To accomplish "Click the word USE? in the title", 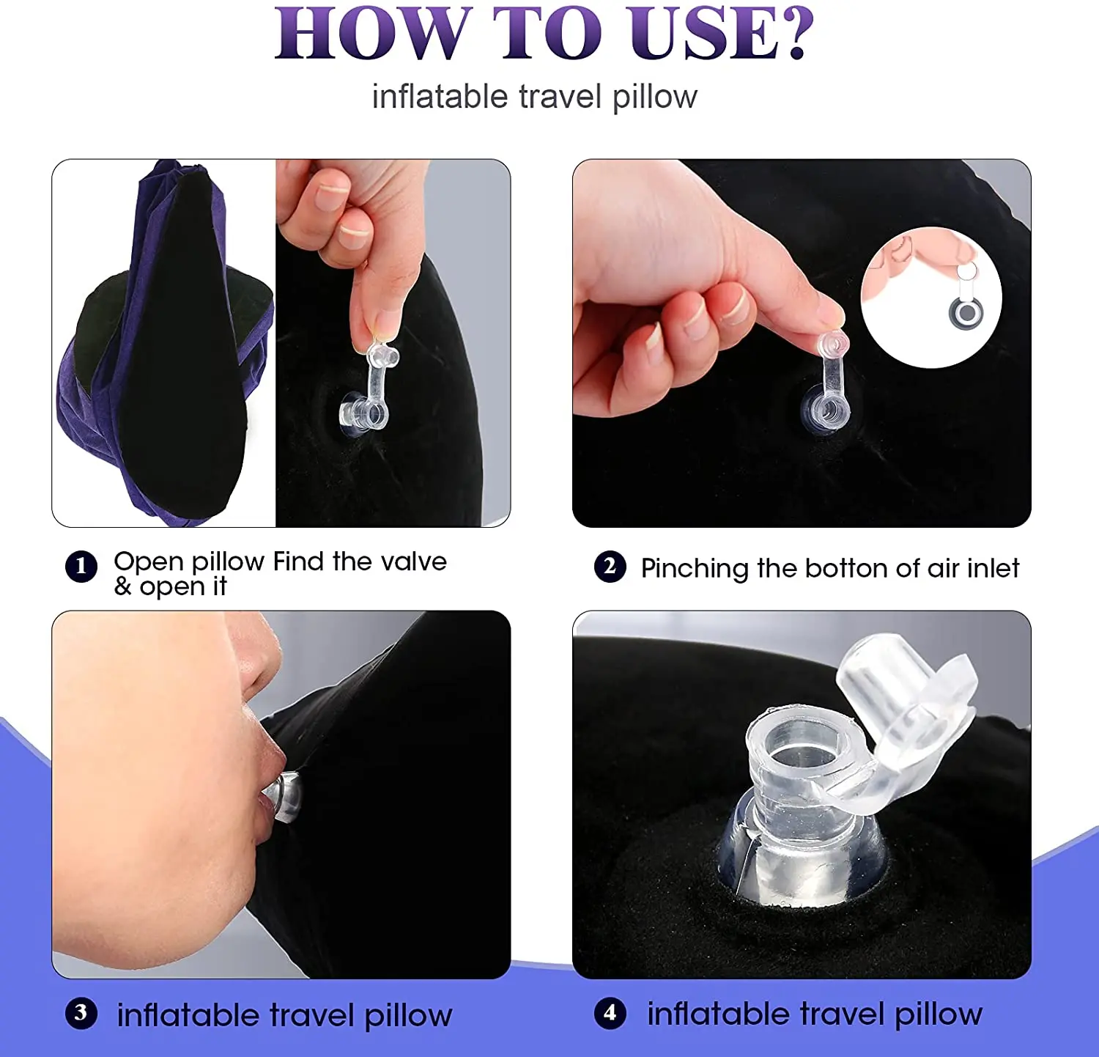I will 721,34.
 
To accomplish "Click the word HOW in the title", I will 371,34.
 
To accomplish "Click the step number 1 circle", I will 81,567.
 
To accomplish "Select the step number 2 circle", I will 610,567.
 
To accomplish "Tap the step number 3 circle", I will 81,1013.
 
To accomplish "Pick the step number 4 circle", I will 610,1013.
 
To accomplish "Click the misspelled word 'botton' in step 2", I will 845,568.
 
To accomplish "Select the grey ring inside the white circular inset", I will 966,314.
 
